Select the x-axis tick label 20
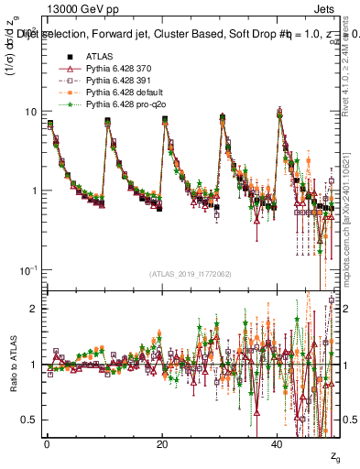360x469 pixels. (162, 444)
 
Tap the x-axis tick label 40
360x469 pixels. (278, 444)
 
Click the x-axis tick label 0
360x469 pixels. (47, 444)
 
